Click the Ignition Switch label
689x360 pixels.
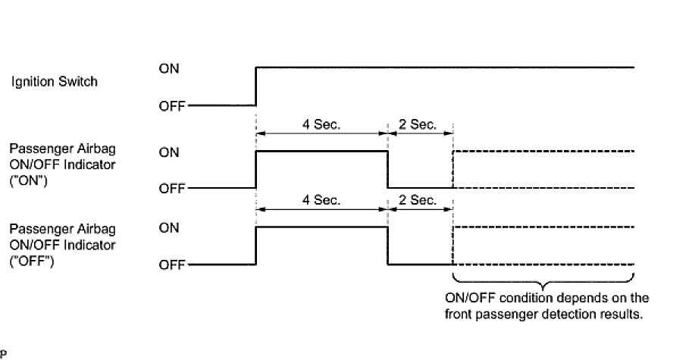tap(54, 81)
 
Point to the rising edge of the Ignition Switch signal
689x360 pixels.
tap(257, 86)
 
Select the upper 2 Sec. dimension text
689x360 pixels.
tap(418, 124)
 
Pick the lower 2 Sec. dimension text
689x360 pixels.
tap(418, 200)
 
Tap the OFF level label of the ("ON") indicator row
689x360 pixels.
tap(171, 189)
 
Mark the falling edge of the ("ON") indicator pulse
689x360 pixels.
tap(387, 170)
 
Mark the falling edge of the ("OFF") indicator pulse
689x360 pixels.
tap(387, 246)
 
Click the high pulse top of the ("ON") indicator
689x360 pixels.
tap(321, 152)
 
